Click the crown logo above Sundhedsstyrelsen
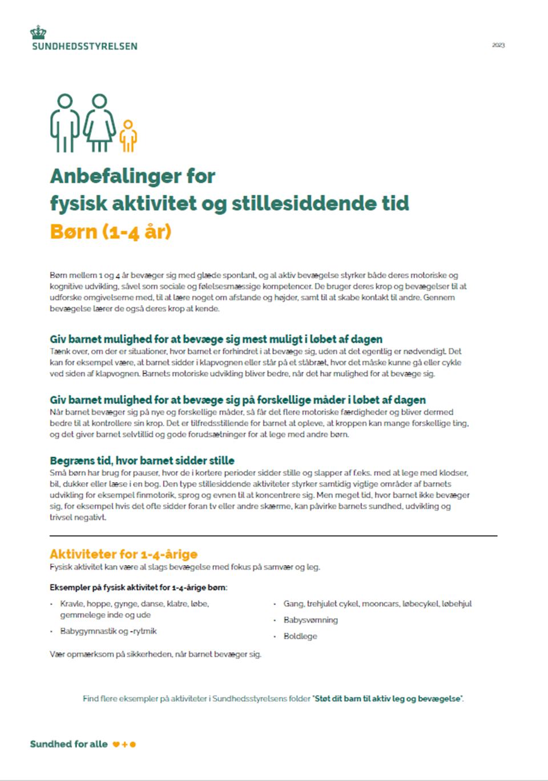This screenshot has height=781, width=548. point(38,32)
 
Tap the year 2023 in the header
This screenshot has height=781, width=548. point(498,45)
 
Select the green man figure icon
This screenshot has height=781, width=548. point(65,123)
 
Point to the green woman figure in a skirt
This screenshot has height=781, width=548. point(100,123)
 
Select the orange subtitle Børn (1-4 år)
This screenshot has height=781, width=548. point(110,231)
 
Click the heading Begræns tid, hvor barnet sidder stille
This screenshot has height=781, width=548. point(142,460)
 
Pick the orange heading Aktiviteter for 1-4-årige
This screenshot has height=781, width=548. point(123,554)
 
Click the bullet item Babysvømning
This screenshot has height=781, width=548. point(311,620)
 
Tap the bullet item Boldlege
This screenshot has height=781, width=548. point(300,636)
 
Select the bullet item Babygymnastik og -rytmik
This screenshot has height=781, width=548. point(108,631)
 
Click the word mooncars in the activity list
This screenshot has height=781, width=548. point(380,603)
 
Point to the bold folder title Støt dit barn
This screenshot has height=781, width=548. point(388,698)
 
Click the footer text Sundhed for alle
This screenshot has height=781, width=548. point(68,744)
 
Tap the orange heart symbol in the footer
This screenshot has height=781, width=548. point(116,744)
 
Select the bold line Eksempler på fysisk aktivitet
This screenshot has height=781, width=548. point(138,587)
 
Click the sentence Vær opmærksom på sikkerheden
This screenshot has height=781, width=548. point(155,654)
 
